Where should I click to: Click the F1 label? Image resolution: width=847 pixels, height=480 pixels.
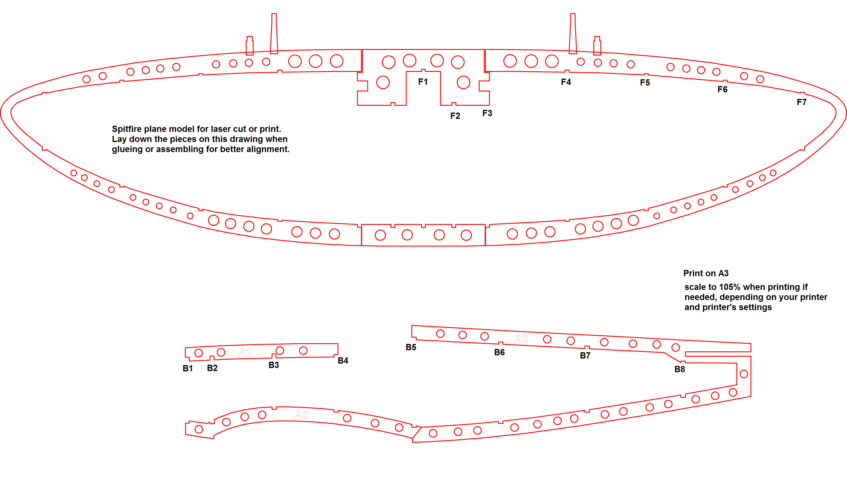pyautogui.click(x=423, y=82)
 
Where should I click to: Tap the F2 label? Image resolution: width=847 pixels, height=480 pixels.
pyautogui.click(x=455, y=116)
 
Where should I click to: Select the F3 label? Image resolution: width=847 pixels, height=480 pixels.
pyautogui.click(x=487, y=113)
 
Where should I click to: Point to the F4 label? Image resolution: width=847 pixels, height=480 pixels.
pyautogui.click(x=566, y=82)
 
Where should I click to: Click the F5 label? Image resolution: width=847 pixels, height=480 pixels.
pyautogui.click(x=645, y=83)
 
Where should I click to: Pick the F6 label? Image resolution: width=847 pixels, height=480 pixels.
pyautogui.click(x=723, y=90)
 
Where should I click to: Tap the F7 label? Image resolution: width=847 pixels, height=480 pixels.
pyautogui.click(x=802, y=102)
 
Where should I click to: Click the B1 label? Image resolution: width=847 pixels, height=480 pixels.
pyautogui.click(x=187, y=369)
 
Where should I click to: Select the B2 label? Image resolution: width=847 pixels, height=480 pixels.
pyautogui.click(x=212, y=368)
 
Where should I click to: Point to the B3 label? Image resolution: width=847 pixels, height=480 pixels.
pyautogui.click(x=274, y=365)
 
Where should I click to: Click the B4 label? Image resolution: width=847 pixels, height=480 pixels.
pyautogui.click(x=343, y=361)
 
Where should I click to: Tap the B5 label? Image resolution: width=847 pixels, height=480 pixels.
pyautogui.click(x=411, y=348)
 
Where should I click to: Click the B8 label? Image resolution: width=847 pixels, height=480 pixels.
pyautogui.click(x=680, y=370)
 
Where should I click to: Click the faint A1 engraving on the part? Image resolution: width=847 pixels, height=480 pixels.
pyautogui.click(x=245, y=351)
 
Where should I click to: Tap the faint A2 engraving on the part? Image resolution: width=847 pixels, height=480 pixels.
pyautogui.click(x=301, y=414)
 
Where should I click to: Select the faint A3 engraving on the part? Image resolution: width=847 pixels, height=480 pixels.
pyautogui.click(x=521, y=338)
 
